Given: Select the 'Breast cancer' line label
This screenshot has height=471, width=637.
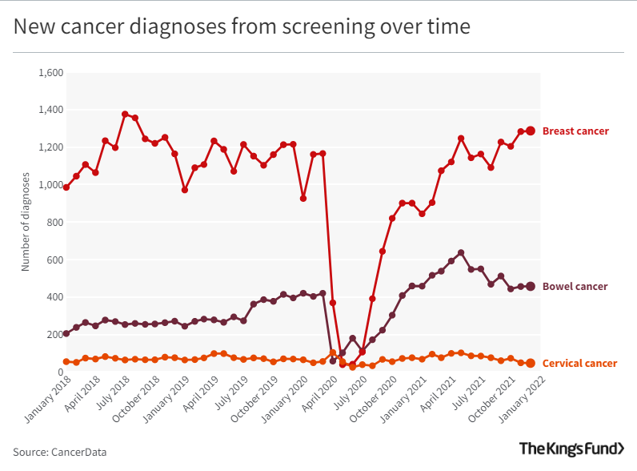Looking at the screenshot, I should [575, 131].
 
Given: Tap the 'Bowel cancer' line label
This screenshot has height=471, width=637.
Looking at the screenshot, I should [575, 287].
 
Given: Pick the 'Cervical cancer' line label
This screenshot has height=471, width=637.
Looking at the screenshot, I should [579, 364].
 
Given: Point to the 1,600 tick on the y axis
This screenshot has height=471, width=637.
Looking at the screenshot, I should [50, 73].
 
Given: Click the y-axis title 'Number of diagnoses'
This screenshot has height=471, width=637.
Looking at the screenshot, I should [26, 221].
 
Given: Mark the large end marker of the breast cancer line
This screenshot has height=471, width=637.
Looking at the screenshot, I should [530, 131].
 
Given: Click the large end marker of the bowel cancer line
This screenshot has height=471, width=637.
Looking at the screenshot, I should [530, 287].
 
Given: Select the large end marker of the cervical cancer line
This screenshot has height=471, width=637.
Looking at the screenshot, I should [530, 364].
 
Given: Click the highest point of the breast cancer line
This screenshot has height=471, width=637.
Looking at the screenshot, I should [125, 115].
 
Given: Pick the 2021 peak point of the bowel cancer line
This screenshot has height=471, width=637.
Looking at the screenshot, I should [461, 253].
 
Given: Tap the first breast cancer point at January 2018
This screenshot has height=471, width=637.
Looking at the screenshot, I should [66, 187].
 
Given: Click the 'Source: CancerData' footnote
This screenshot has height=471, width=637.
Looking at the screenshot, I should [59, 452].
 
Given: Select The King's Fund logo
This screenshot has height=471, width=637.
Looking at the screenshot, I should [571, 449].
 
